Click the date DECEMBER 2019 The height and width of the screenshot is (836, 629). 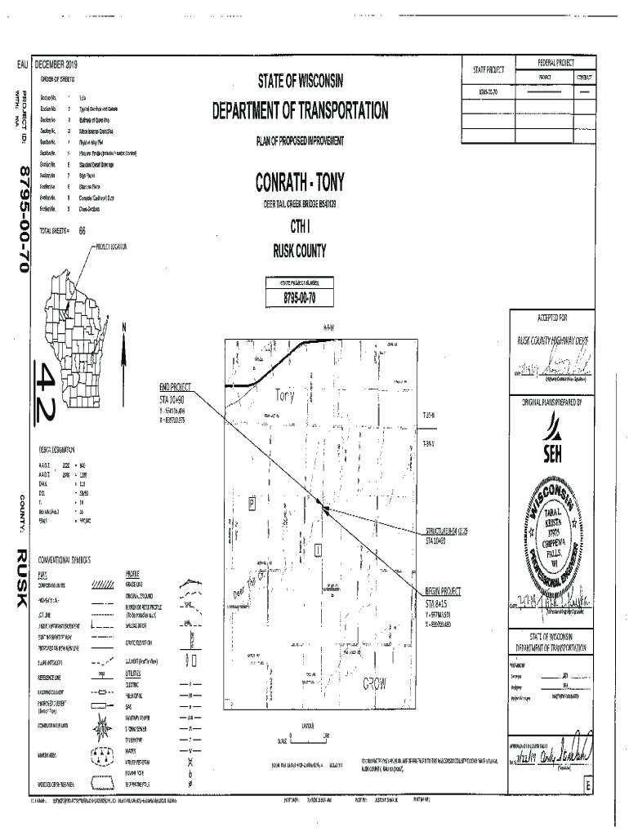[56, 64]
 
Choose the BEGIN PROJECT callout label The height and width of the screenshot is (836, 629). [443, 591]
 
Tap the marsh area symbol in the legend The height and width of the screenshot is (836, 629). [102, 754]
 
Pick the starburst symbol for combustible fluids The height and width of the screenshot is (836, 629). [103, 723]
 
